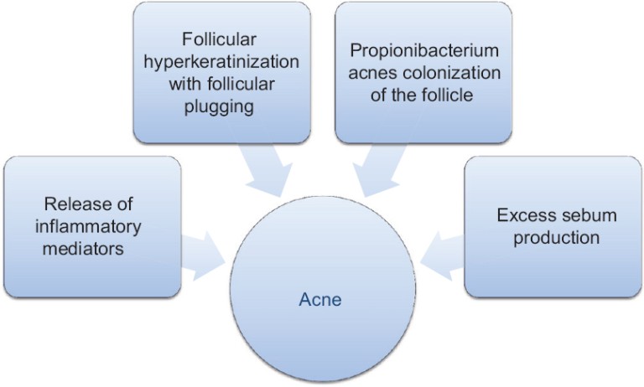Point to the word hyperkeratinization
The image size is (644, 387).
pos(221,62)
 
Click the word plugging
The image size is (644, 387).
pos(221,106)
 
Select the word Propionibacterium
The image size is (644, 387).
pos(423,51)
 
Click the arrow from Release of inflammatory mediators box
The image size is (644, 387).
pos(202,255)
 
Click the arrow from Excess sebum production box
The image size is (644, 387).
pos(442,255)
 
